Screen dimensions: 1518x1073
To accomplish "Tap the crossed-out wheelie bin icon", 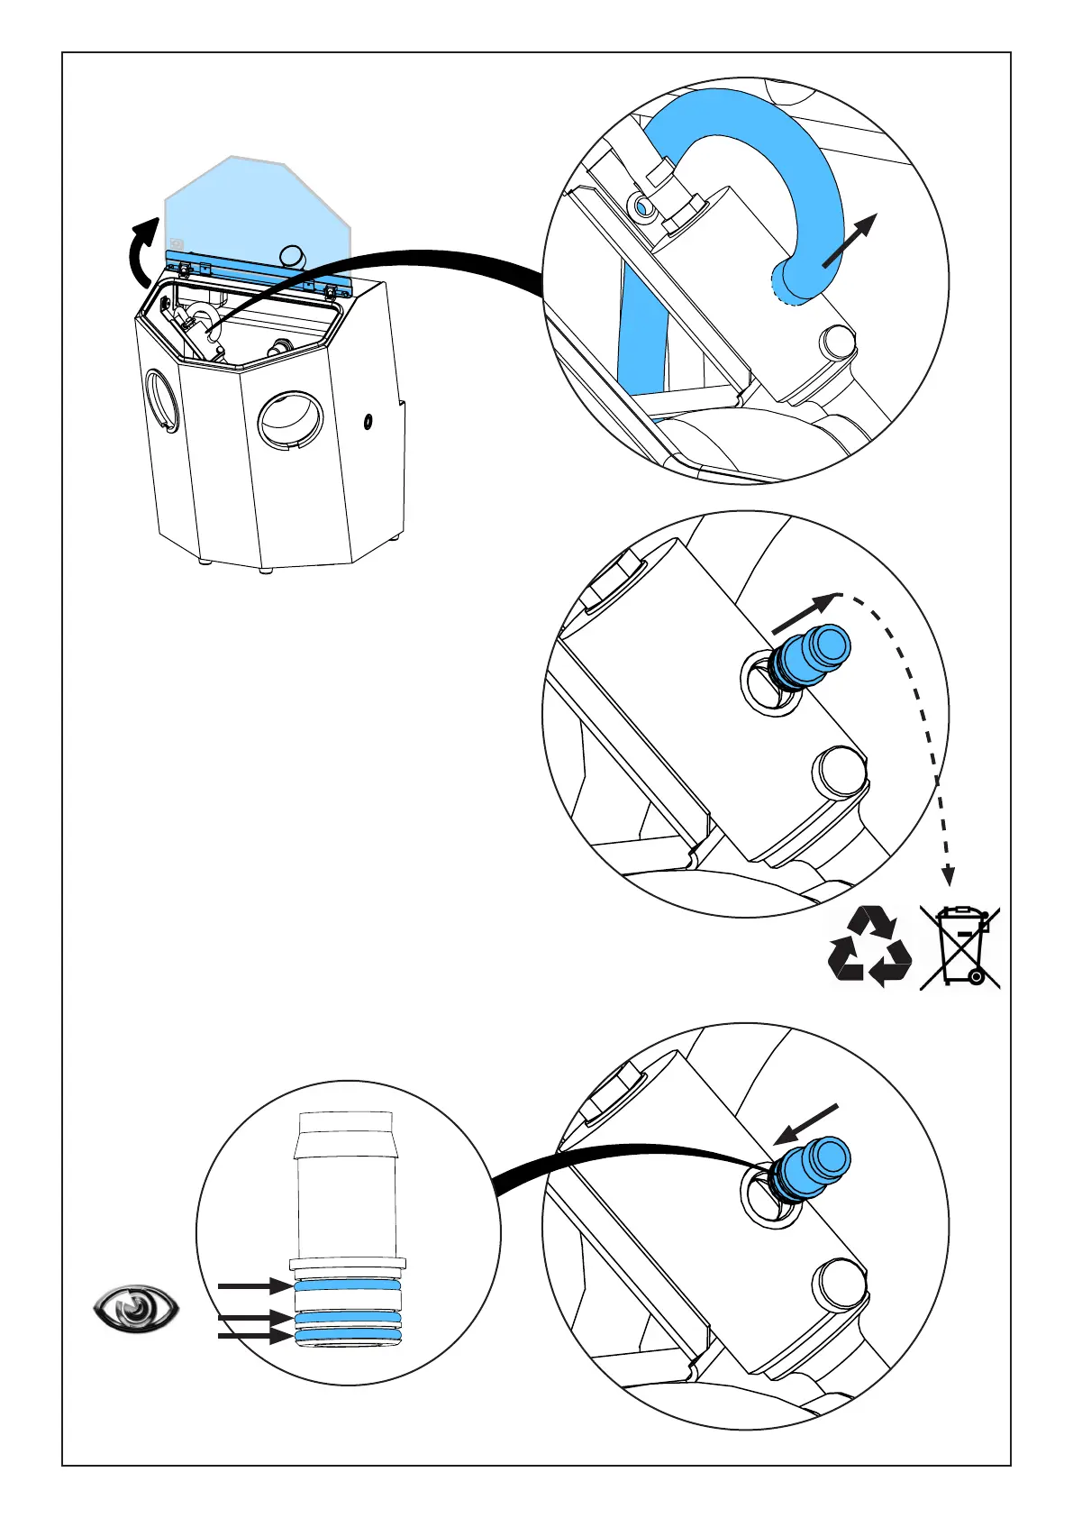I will (x=960, y=946).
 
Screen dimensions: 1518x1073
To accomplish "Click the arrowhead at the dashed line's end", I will (x=947, y=874).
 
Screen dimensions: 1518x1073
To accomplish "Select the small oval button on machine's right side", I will (x=368, y=421).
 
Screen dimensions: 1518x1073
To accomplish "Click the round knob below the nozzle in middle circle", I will (x=840, y=772).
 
